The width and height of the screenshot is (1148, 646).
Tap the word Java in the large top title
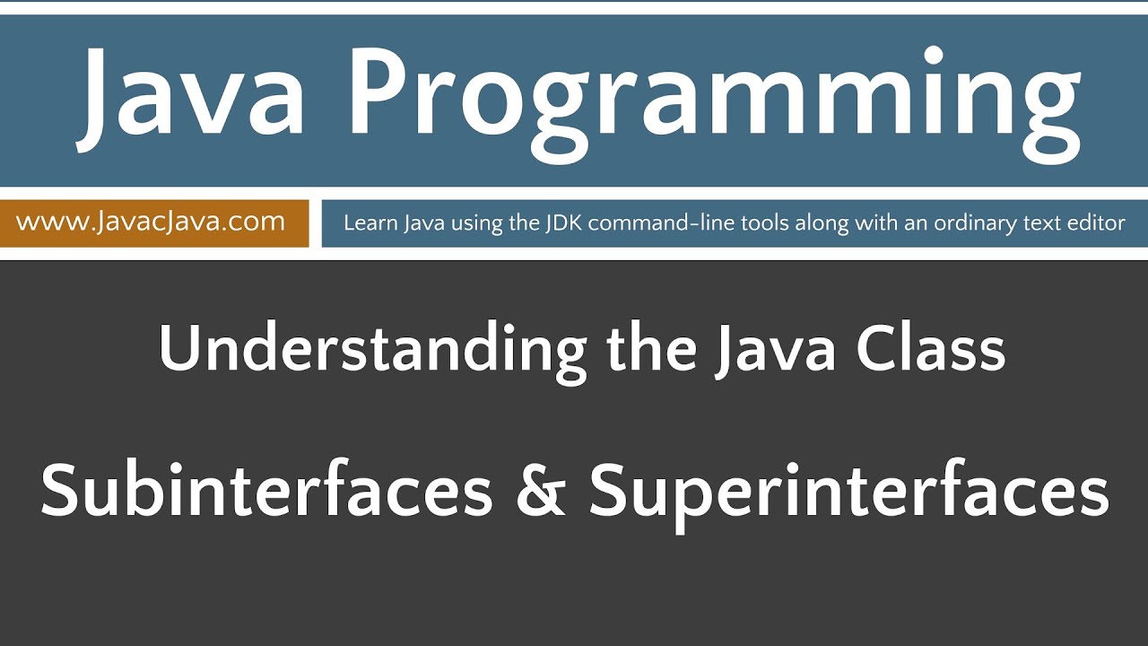193,94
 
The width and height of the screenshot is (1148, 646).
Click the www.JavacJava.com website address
151,222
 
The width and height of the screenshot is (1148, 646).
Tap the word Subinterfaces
266,491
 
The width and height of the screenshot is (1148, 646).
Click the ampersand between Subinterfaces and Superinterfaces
541,492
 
